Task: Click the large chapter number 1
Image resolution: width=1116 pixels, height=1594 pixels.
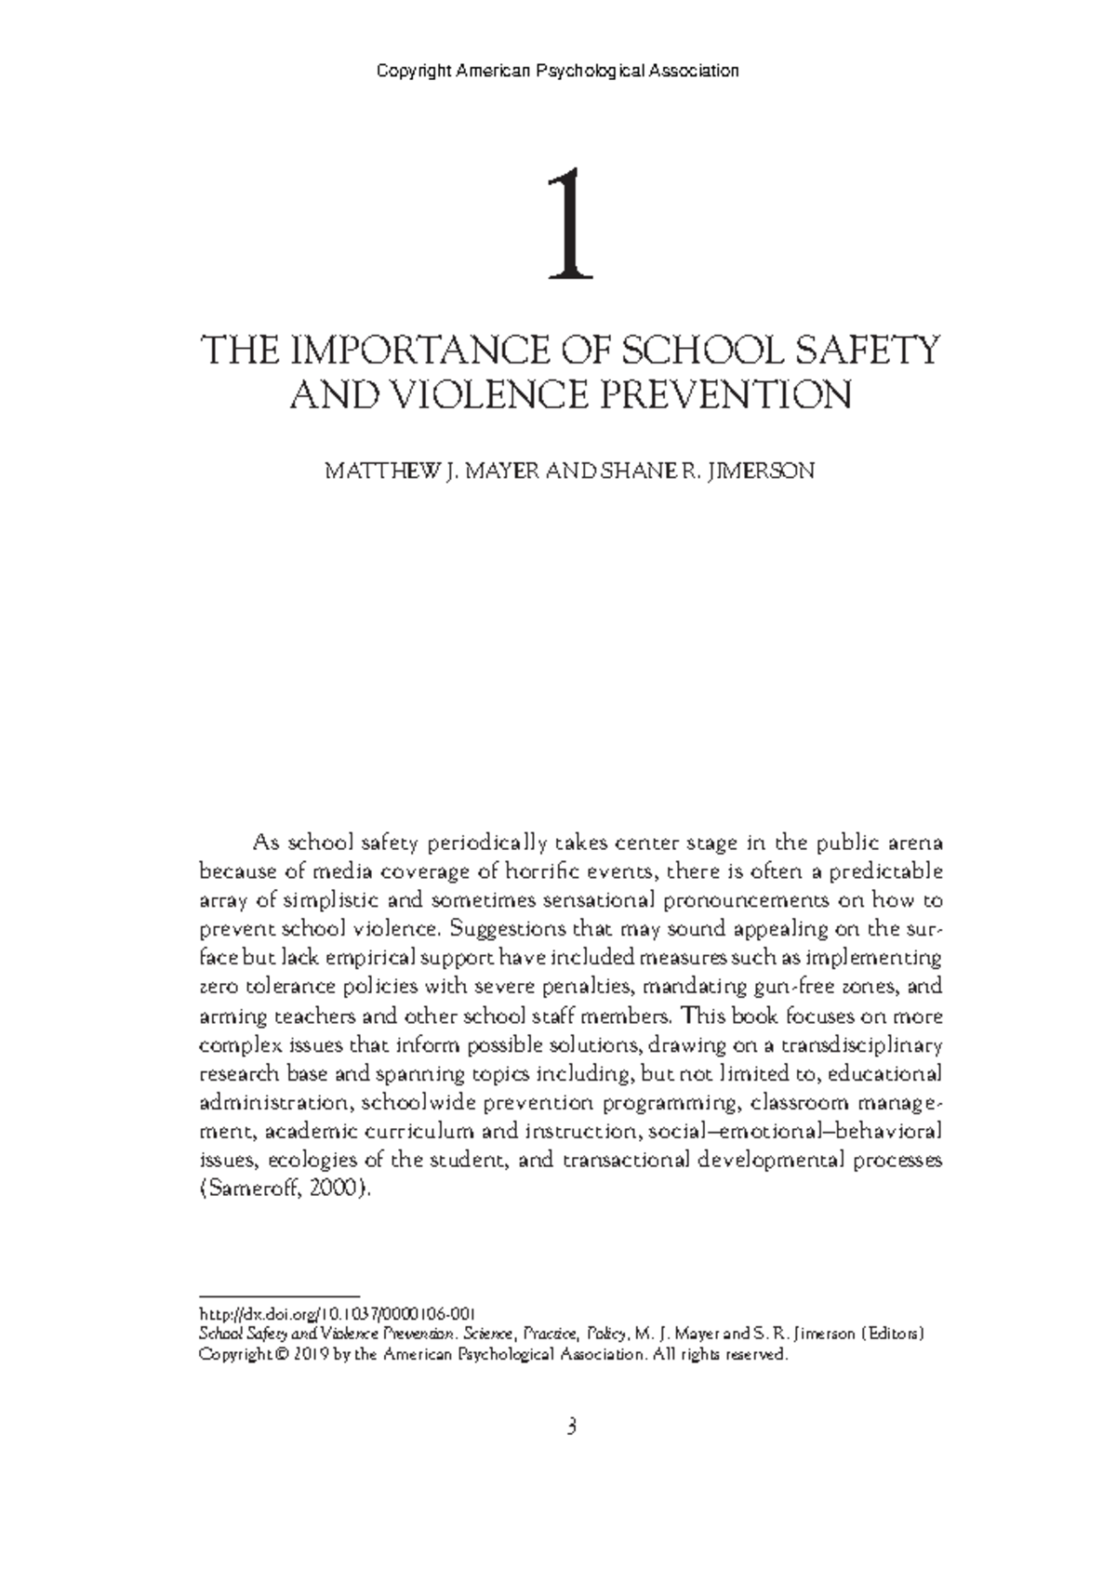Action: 569,225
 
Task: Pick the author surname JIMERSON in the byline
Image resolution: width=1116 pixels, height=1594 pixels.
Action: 762,472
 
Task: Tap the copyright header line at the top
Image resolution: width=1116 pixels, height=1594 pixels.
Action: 558,71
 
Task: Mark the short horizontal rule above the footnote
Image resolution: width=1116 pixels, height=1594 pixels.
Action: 280,1295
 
